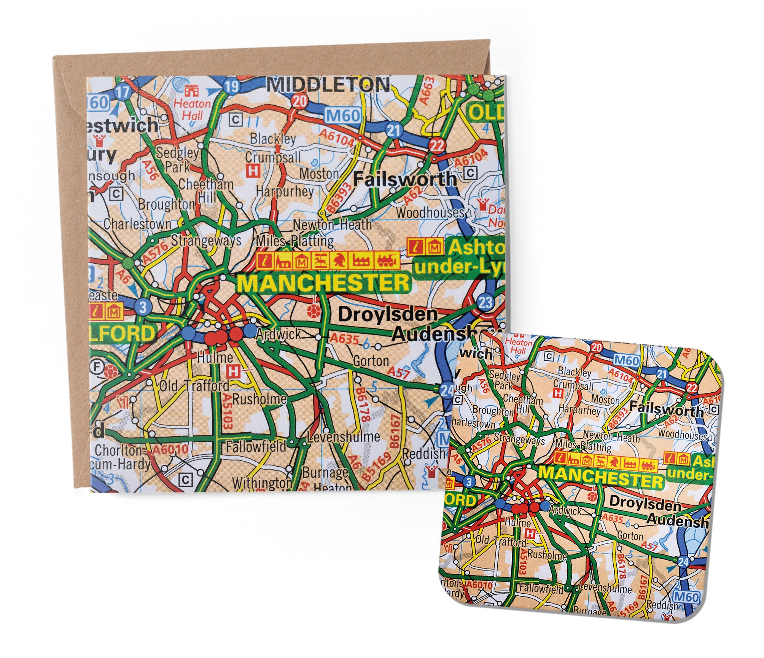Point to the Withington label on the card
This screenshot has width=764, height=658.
click(x=262, y=483)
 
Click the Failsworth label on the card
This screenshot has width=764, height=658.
click(x=405, y=178)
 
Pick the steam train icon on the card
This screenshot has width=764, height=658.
click(x=387, y=261)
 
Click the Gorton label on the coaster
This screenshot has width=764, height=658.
click(x=630, y=535)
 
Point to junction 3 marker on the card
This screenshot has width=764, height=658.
click(x=143, y=307)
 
